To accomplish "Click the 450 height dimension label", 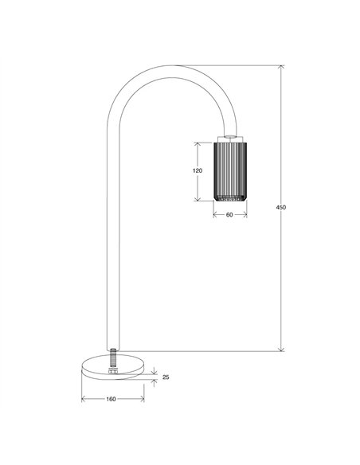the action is click(280, 207).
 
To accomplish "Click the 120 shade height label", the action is click(198, 171).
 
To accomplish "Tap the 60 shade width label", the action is click(229, 215).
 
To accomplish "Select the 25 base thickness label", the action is click(166, 377).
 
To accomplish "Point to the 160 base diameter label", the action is click(111, 399).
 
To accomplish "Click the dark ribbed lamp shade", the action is click(230, 172).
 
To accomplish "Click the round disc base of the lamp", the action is click(113, 366).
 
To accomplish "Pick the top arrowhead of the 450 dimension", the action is click(282, 67).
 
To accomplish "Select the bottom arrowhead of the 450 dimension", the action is click(282, 349).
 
